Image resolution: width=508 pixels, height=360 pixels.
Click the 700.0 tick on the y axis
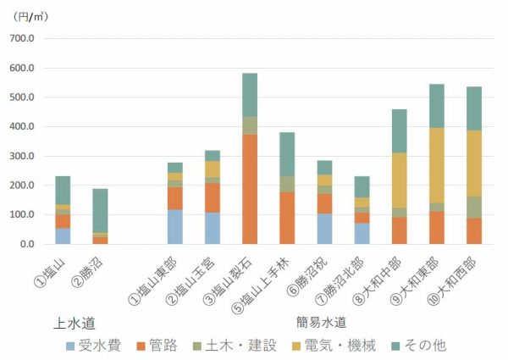[x=21, y=39]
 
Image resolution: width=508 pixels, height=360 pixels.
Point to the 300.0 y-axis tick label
[x=21, y=157]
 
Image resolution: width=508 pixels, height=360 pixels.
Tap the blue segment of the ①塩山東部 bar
[x=174, y=226]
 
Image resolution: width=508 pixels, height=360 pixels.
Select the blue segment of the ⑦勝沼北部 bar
[x=362, y=234]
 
